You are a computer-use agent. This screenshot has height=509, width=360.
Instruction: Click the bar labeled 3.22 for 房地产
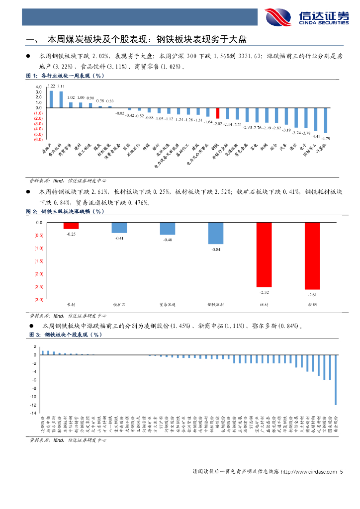51,98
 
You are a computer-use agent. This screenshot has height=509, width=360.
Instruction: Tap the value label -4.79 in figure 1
326,138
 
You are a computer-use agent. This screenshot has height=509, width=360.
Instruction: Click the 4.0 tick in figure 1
39,86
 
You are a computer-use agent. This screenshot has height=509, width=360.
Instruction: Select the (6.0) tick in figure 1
38,140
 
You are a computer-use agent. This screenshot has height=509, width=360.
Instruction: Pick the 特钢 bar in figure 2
312,255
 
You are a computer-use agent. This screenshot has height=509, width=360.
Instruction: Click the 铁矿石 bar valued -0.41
119,228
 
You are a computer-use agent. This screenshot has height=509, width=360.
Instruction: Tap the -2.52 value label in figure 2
264,292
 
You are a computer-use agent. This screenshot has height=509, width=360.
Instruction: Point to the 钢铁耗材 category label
215,304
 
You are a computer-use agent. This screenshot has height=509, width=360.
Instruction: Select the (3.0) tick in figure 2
38,300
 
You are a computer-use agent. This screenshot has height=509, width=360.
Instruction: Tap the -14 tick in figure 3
34,413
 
